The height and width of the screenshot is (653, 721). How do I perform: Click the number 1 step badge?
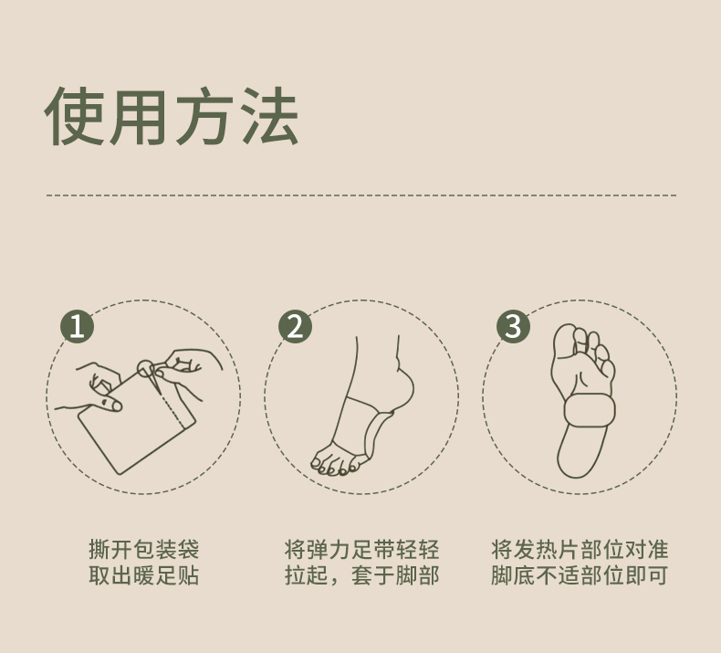(78, 326)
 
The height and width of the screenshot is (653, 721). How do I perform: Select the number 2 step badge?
(295, 326)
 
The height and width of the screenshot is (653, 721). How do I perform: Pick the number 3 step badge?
(513, 326)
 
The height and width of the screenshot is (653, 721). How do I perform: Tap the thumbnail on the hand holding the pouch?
(111, 405)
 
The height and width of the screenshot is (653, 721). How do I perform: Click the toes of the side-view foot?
(334, 462)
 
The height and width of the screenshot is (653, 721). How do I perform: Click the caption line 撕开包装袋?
(144, 549)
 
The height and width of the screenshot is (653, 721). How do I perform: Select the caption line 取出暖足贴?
(144, 575)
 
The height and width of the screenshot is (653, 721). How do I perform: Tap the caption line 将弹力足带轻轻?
(362, 549)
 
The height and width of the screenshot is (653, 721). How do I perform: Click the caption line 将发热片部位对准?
(580, 549)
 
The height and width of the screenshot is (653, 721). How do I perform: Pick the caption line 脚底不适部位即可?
(580, 575)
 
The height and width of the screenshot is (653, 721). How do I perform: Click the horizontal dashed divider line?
(361, 195)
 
